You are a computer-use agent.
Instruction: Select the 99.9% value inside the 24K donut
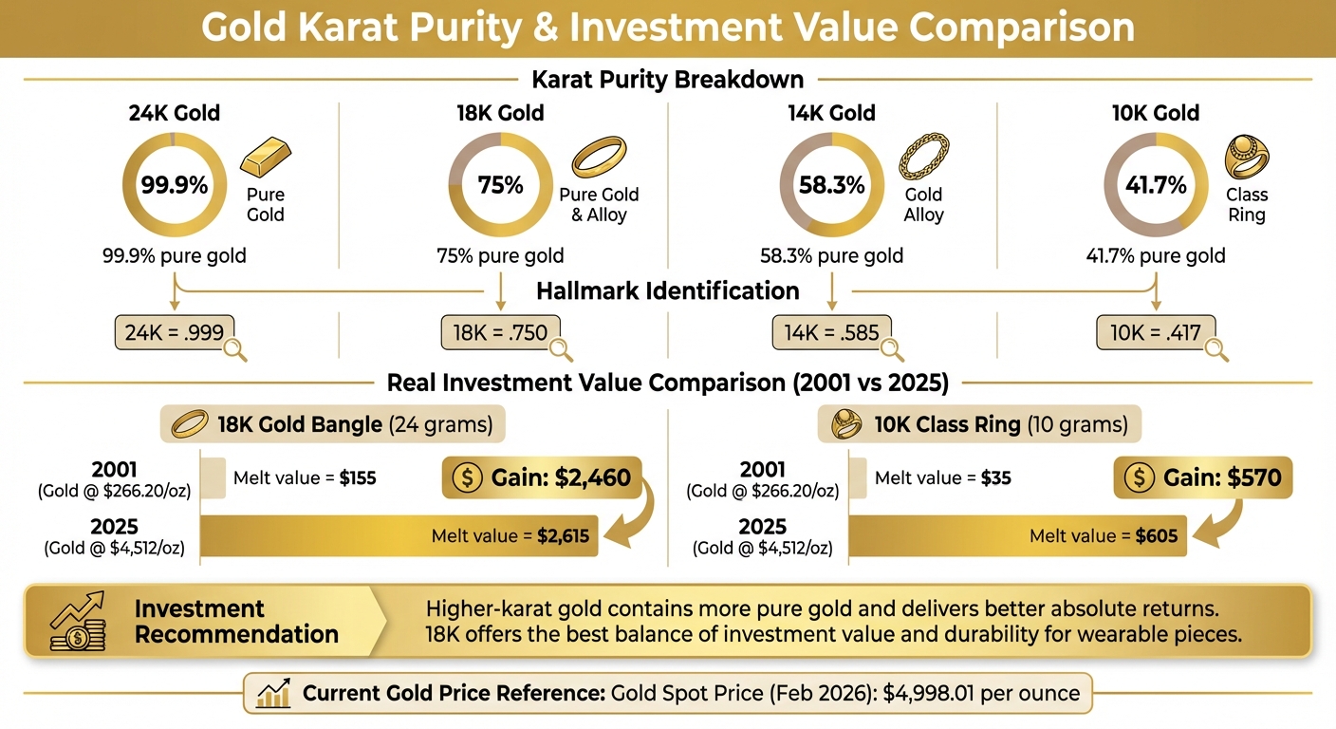coord(175,185)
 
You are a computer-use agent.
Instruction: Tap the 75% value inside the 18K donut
coord(500,185)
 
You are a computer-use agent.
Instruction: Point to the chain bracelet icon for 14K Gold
coord(923,158)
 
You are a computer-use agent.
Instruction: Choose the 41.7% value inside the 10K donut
coord(1156,185)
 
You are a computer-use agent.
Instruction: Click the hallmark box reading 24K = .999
coord(174,333)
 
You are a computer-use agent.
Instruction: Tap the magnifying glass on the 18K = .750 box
coord(560,348)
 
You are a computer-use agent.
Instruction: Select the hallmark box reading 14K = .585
coord(831,333)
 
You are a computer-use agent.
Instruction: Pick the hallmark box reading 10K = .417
coord(1155,333)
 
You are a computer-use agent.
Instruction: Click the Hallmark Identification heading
coord(668,290)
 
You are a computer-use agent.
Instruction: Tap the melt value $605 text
coord(1156,536)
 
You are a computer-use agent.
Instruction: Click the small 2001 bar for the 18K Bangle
coord(214,477)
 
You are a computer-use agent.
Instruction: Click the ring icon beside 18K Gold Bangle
coord(191,426)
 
